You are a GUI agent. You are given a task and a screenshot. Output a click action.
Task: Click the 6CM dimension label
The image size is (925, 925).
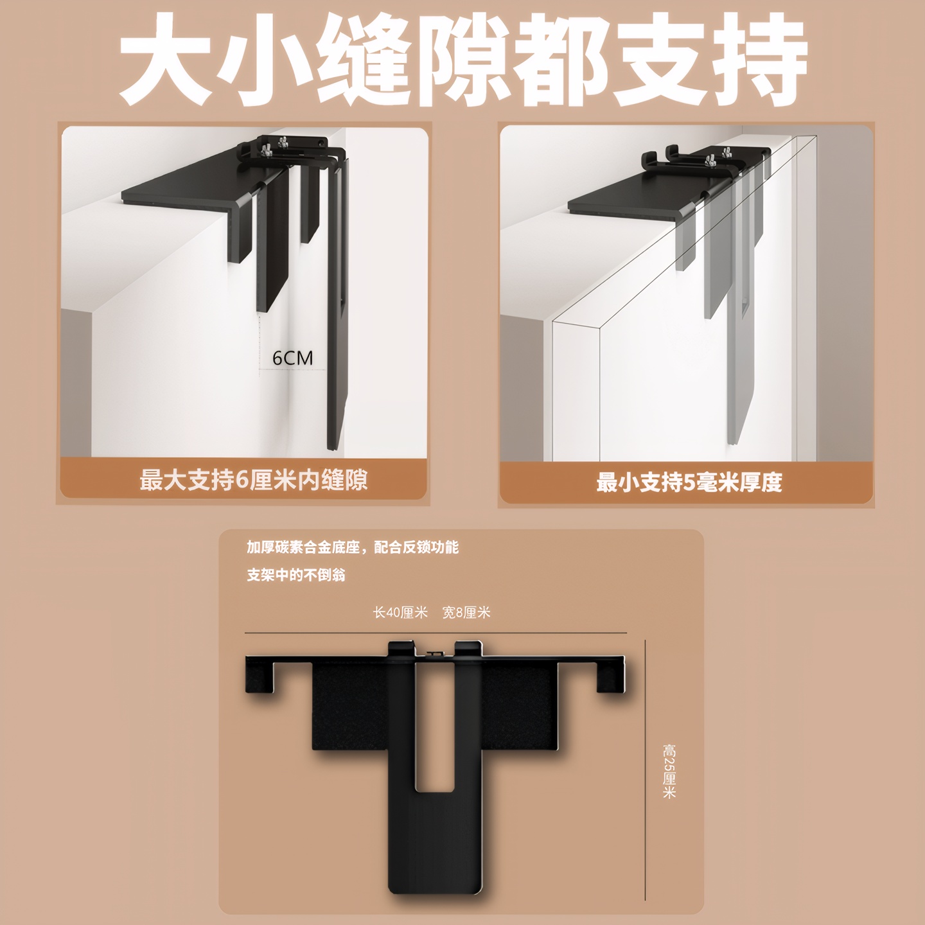(292, 358)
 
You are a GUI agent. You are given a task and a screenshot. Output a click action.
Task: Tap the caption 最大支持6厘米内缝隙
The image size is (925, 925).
(254, 480)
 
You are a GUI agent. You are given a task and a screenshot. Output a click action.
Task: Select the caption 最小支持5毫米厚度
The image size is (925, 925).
(689, 482)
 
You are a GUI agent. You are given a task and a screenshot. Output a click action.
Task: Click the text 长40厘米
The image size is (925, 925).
(400, 612)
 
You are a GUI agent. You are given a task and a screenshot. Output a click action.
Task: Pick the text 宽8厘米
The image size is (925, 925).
(466, 612)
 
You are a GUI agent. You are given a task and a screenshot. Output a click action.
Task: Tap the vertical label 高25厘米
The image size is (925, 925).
(669, 771)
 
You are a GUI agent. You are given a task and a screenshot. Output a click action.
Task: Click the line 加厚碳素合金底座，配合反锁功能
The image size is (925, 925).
(353, 547)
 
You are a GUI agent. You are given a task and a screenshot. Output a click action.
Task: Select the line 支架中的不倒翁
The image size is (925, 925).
(296, 575)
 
